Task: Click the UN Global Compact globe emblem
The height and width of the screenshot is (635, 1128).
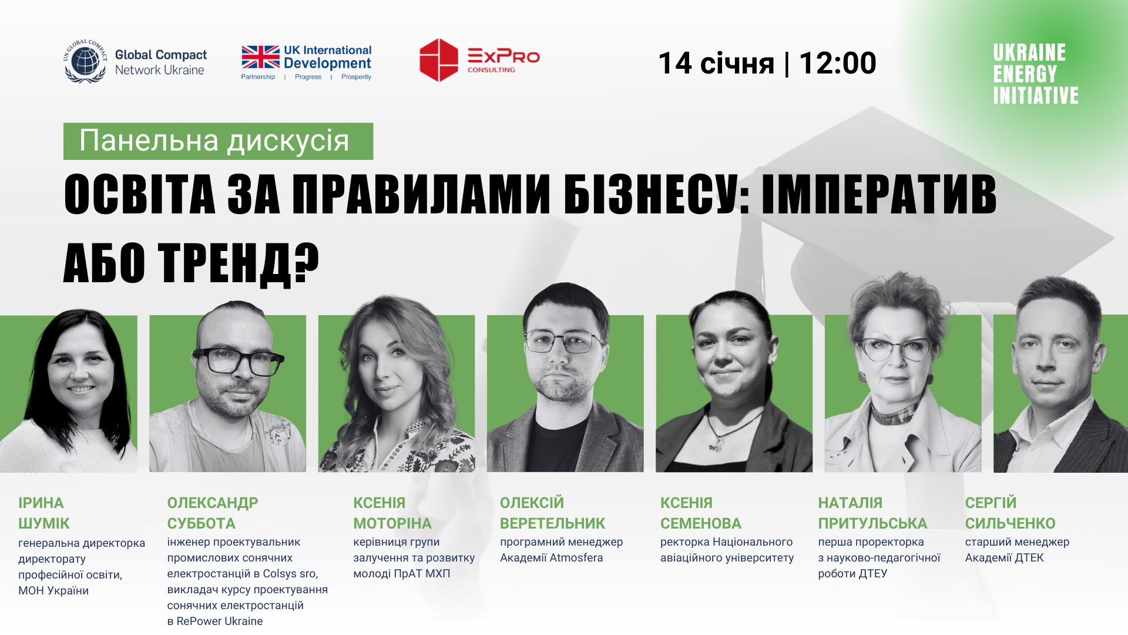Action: click(x=85, y=61)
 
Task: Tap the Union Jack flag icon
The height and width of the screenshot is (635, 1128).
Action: click(x=260, y=57)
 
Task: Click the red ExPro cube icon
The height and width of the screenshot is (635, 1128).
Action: click(x=438, y=60)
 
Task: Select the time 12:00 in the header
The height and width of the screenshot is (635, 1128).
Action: click(x=838, y=63)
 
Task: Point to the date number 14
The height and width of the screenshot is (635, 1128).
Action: click(x=675, y=63)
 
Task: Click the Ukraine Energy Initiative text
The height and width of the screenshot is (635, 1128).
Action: click(x=1036, y=74)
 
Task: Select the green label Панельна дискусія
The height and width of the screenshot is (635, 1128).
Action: click(x=218, y=141)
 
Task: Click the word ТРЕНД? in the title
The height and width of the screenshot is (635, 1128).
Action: click(x=240, y=263)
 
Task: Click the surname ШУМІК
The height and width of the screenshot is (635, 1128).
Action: click(x=44, y=523)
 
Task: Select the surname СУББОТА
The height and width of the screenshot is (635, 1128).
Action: click(x=201, y=523)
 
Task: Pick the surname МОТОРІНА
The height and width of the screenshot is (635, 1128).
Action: click(x=392, y=523)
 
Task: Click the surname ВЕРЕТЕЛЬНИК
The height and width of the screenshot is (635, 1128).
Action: click(x=552, y=523)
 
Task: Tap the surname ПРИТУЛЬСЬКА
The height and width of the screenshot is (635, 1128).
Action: click(x=872, y=523)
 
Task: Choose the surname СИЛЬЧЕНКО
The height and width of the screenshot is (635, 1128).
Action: click(x=1010, y=523)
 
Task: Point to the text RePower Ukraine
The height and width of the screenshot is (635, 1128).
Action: click(x=220, y=621)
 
